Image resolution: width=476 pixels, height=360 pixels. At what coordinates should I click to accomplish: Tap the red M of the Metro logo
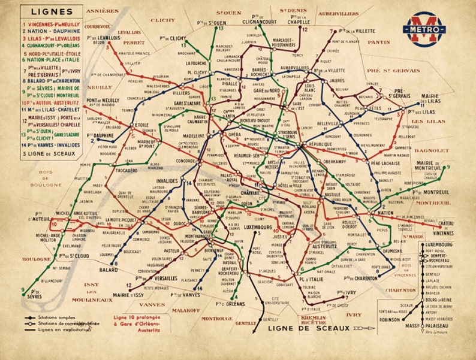424,29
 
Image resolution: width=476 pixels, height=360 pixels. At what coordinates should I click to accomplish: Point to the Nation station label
386,213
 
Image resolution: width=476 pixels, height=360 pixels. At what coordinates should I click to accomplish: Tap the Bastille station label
332,195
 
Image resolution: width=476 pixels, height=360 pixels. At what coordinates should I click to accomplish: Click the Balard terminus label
109,270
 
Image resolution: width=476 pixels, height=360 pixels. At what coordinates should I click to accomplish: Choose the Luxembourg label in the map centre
258,228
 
